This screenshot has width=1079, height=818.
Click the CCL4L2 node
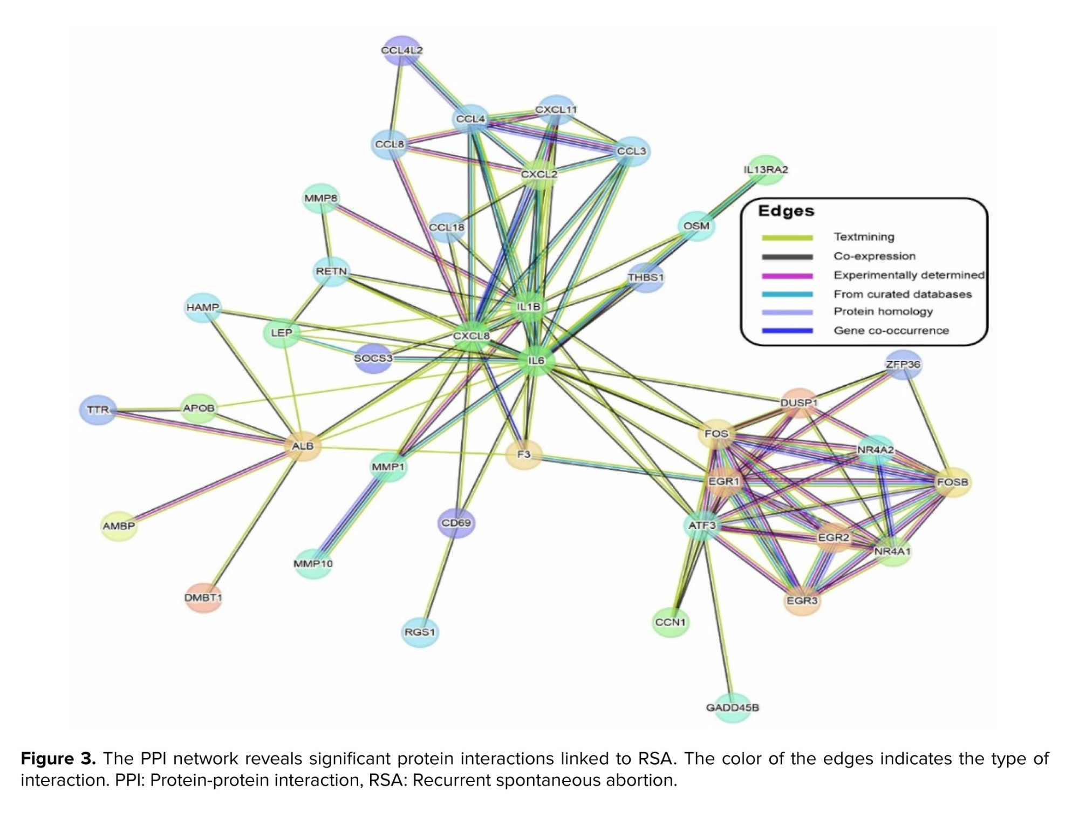(x=402, y=50)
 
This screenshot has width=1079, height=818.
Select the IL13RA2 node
(x=766, y=169)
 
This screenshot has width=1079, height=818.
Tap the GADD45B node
(x=732, y=707)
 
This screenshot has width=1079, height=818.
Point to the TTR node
(x=98, y=410)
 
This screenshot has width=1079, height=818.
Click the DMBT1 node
(x=203, y=597)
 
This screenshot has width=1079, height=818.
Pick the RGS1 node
(x=420, y=631)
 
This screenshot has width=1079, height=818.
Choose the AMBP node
(x=119, y=526)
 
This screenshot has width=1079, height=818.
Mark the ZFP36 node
(x=903, y=364)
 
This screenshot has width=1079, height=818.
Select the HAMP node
(x=203, y=307)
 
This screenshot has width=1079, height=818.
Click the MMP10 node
(x=313, y=563)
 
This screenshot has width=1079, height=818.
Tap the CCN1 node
(x=670, y=622)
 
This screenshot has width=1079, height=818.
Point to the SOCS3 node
(x=373, y=358)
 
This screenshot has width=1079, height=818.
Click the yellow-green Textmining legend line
(x=787, y=237)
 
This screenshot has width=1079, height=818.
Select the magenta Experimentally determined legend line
(x=787, y=276)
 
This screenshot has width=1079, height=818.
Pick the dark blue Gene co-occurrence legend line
(x=787, y=331)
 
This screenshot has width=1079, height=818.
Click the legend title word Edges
(x=786, y=211)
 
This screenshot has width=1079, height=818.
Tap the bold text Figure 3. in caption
(x=58, y=759)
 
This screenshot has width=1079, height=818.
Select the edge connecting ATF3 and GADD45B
(x=717, y=615)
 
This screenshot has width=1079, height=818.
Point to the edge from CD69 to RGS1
(x=438, y=577)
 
